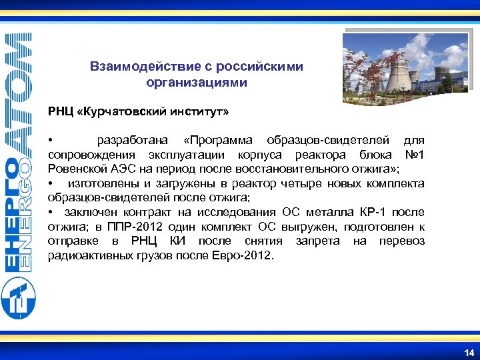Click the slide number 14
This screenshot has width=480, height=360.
pos(469,352)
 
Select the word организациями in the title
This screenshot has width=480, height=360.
pos(196,83)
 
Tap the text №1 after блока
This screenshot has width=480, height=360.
pos(413,155)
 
